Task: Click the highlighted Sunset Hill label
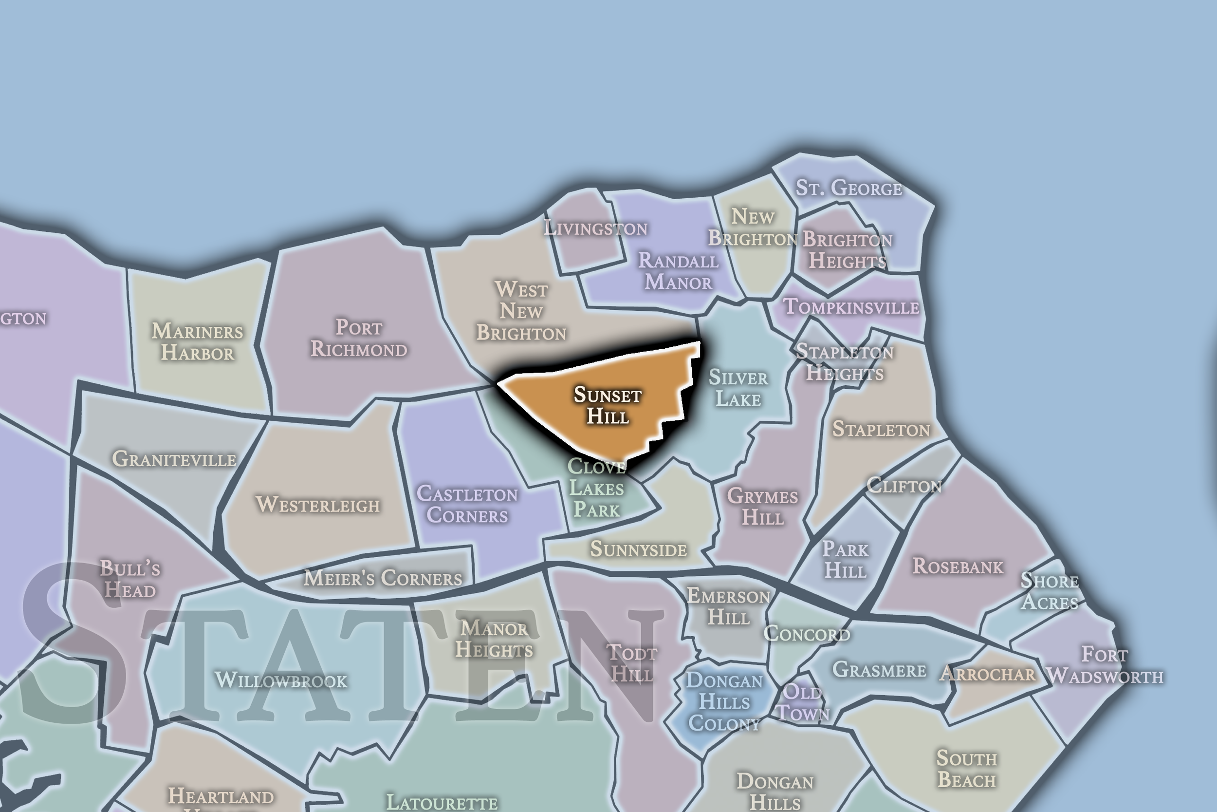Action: pyautogui.click(x=608, y=405)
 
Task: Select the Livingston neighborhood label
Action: pyautogui.click(x=595, y=228)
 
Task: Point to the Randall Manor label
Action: pyautogui.click(x=678, y=271)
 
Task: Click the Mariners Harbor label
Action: pyautogui.click(x=197, y=342)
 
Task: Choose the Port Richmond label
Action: pyautogui.click(x=359, y=338)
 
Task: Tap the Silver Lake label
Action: pyautogui.click(x=738, y=388)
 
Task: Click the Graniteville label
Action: pyautogui.click(x=174, y=459)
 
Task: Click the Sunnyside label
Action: pyautogui.click(x=639, y=549)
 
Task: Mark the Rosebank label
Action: pyautogui.click(x=957, y=566)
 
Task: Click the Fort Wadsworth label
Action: pyautogui.click(x=1104, y=665)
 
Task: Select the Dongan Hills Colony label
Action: pyautogui.click(x=724, y=702)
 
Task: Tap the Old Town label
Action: pyautogui.click(x=803, y=702)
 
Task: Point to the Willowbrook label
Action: pyautogui.click(x=281, y=680)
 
